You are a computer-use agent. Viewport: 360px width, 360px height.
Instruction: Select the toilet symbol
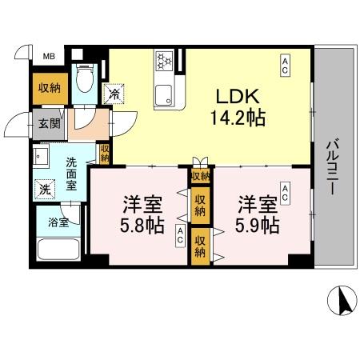(x=84, y=80)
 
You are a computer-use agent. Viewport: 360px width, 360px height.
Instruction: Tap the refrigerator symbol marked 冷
(x=117, y=94)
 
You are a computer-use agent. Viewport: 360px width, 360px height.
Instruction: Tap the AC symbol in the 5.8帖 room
(x=181, y=237)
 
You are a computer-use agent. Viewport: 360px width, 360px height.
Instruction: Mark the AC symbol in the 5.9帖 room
(x=286, y=190)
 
